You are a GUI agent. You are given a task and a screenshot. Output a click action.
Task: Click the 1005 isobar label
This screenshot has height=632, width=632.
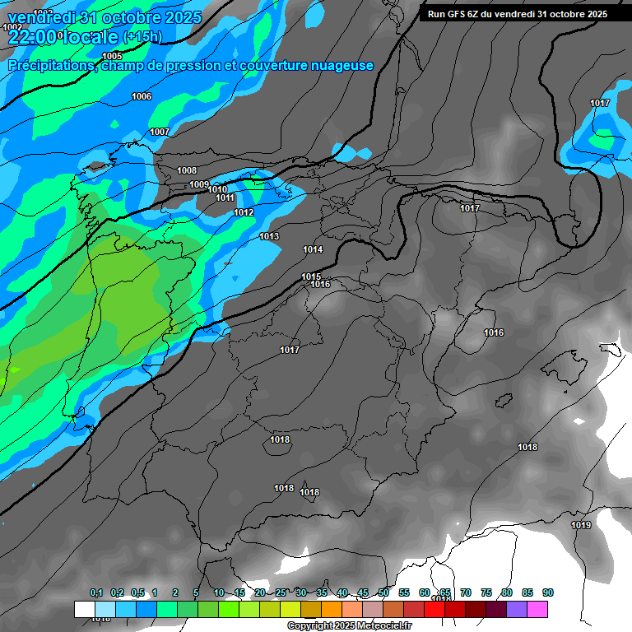pos(113,56)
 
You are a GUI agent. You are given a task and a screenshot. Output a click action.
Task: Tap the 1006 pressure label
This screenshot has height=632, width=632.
pos(142,97)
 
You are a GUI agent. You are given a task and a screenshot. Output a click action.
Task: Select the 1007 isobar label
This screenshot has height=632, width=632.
pos(160,132)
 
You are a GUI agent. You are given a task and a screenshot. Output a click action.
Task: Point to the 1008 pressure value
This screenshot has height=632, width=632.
pos(187,171)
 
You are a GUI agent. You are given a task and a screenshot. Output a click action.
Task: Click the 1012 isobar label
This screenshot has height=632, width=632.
pos(244,213)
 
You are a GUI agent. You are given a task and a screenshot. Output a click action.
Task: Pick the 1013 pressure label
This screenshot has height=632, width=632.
pos(269,237)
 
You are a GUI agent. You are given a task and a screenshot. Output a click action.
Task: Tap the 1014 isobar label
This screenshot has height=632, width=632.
pos(313,249)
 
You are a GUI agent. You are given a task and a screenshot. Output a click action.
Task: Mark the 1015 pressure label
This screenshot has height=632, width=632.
pos(311,276)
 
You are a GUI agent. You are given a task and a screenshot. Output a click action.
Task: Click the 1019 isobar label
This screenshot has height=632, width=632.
pos(581,526)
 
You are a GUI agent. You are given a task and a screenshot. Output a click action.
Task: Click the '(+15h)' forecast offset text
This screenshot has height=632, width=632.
pos(142,37)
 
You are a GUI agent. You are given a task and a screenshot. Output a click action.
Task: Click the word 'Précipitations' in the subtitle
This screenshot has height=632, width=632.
pos(49,66)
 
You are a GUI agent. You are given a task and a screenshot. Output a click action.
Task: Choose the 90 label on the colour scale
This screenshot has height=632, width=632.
pos(548,592)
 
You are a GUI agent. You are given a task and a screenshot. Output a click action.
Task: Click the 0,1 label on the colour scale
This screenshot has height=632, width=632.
pos(96,592)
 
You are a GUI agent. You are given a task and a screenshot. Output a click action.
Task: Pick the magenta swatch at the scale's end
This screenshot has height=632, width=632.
pos(537,609)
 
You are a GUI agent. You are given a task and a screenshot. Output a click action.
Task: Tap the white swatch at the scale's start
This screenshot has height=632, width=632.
pos(84,609)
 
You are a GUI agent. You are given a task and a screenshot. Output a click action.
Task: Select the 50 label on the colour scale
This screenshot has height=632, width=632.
pos(383,592)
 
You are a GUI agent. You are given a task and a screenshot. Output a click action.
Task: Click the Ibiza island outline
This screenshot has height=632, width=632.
pos(504,400)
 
